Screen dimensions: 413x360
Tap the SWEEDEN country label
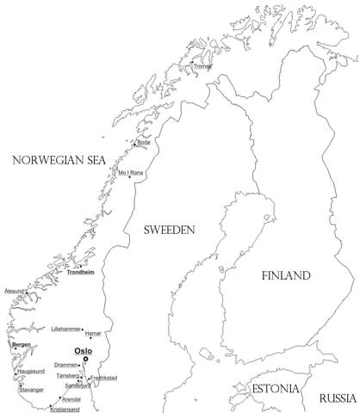coord(169,230)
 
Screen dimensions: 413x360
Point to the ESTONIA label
coord(276,390)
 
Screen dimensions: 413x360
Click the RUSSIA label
coord(337,398)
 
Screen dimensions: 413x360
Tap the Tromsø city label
coord(202,65)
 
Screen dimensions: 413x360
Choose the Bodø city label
coord(144,143)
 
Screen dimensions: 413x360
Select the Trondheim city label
coord(80,273)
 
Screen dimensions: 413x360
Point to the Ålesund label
coord(16,291)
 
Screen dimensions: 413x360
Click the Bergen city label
coord(22,344)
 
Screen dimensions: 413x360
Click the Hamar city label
coord(95,332)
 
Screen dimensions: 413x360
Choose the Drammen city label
coord(65,365)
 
